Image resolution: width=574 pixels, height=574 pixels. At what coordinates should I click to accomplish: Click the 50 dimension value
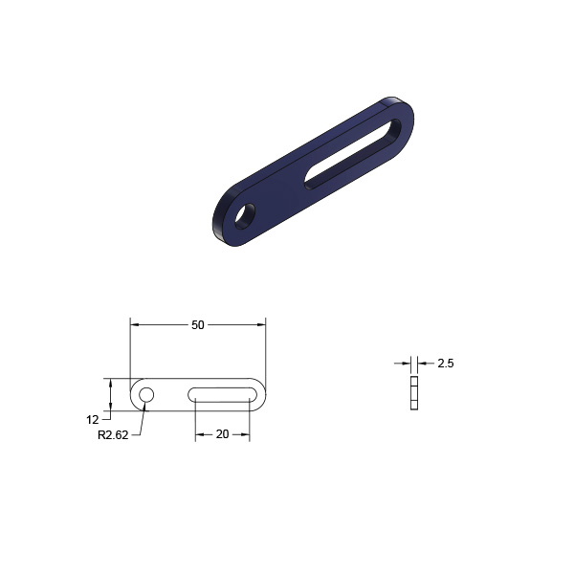coord(198,325)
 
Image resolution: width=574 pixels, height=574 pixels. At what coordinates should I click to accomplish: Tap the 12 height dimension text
coord(93,420)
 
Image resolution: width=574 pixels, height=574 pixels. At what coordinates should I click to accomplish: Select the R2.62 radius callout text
coord(113,435)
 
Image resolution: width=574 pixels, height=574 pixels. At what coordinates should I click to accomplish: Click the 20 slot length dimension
coord(222,434)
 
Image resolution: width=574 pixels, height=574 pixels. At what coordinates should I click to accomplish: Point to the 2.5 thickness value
coord(446,364)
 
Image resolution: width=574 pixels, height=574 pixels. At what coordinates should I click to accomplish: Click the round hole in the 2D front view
coord(146,394)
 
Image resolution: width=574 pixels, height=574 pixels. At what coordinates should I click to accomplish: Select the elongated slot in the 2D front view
coord(223,395)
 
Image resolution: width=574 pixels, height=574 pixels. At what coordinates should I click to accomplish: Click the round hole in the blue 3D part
coord(245,216)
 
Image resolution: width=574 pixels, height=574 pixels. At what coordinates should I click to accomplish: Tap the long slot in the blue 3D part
coord(353,154)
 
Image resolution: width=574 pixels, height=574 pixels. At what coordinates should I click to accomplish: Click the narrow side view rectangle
coord(414,393)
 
